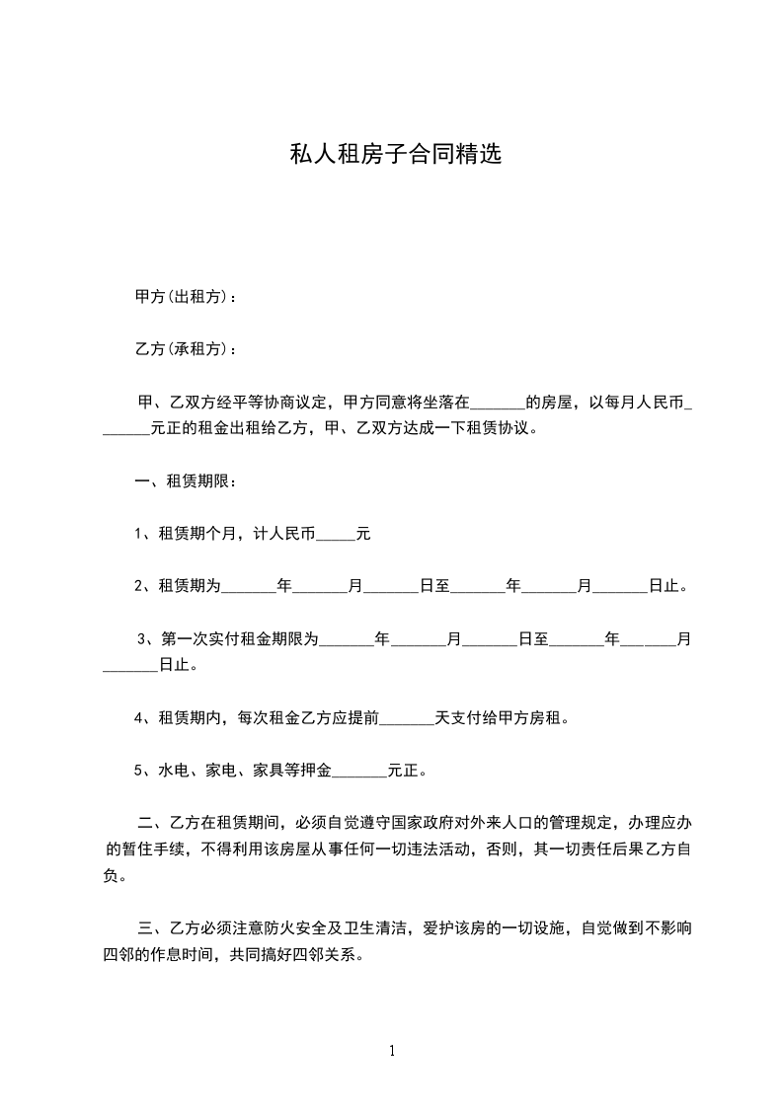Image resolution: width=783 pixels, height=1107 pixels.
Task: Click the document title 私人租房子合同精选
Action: [395, 155]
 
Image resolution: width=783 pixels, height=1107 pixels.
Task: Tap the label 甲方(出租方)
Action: [184, 297]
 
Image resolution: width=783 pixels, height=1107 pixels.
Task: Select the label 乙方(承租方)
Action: [184, 349]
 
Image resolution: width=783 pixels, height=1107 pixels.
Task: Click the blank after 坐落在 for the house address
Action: [498, 403]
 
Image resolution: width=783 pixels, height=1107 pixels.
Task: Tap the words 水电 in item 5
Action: [174, 771]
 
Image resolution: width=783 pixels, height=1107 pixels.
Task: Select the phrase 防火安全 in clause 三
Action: [314, 927]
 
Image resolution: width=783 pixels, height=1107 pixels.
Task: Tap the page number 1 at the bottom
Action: [392, 1051]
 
